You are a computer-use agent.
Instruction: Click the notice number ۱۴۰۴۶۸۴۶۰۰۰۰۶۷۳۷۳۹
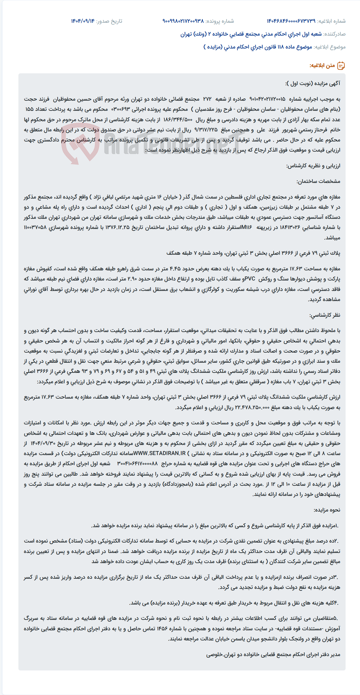click(x=291, y=21)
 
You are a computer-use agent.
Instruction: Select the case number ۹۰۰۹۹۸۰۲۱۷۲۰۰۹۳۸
click(x=183, y=21)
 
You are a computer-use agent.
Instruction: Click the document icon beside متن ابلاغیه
click(x=341, y=66)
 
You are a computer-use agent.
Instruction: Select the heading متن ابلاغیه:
click(x=322, y=66)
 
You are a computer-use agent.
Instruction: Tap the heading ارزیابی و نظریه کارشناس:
click(x=313, y=166)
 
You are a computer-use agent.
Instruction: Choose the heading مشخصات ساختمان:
click(x=318, y=181)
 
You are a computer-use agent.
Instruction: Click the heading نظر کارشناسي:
click(x=325, y=315)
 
